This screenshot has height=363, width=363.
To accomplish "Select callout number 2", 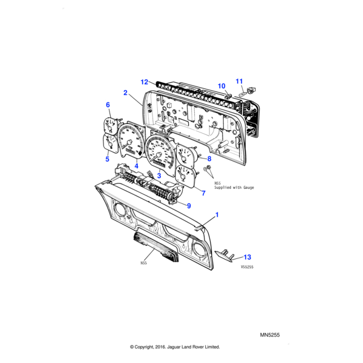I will click(125, 93).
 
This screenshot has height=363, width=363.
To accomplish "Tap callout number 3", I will click(159, 175).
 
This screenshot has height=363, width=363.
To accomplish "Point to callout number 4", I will click(136, 166).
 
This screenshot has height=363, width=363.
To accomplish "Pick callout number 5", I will click(107, 159).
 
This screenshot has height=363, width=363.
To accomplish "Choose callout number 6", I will click(108, 105).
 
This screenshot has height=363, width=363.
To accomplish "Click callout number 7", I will click(203, 193).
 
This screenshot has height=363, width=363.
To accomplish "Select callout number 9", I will click(188, 206).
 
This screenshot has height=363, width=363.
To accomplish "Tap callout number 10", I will click(221, 86).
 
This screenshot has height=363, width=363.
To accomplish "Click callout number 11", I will click(239, 81).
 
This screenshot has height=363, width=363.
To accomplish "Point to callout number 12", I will click(145, 81).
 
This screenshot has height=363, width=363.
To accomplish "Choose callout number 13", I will click(247, 257).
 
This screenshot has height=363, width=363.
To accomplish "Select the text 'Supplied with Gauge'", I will click(230, 188).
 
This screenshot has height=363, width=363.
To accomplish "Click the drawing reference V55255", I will click(247, 266).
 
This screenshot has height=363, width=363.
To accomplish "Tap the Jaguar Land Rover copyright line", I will click(175, 347).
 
